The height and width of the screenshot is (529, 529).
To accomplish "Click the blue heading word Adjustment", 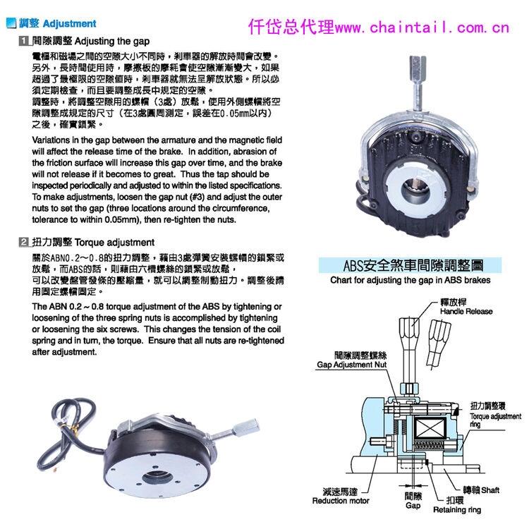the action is point(70,23).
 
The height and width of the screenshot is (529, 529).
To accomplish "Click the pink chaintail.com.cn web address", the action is point(422,28).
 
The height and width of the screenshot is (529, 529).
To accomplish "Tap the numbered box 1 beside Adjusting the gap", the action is point(24,41).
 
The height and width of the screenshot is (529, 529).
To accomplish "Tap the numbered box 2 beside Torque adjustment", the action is point(24,242).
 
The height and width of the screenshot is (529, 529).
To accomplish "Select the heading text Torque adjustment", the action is point(114,243).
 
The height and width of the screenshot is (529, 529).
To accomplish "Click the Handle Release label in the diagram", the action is point(466,311).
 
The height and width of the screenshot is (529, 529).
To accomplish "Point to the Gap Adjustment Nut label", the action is point(351,365).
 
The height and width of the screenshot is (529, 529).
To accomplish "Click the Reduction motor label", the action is point(341,501).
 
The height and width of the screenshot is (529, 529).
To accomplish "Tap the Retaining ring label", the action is point(457,510).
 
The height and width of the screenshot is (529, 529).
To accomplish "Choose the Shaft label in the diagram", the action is point(490,490).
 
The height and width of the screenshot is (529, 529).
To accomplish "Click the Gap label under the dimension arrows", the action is point(413,506).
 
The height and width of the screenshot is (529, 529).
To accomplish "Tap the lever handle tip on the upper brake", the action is point(418,66).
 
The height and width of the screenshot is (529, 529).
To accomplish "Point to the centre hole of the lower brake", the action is point(155,478).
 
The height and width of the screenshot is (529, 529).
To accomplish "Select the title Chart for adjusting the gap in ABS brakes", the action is point(411,280).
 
